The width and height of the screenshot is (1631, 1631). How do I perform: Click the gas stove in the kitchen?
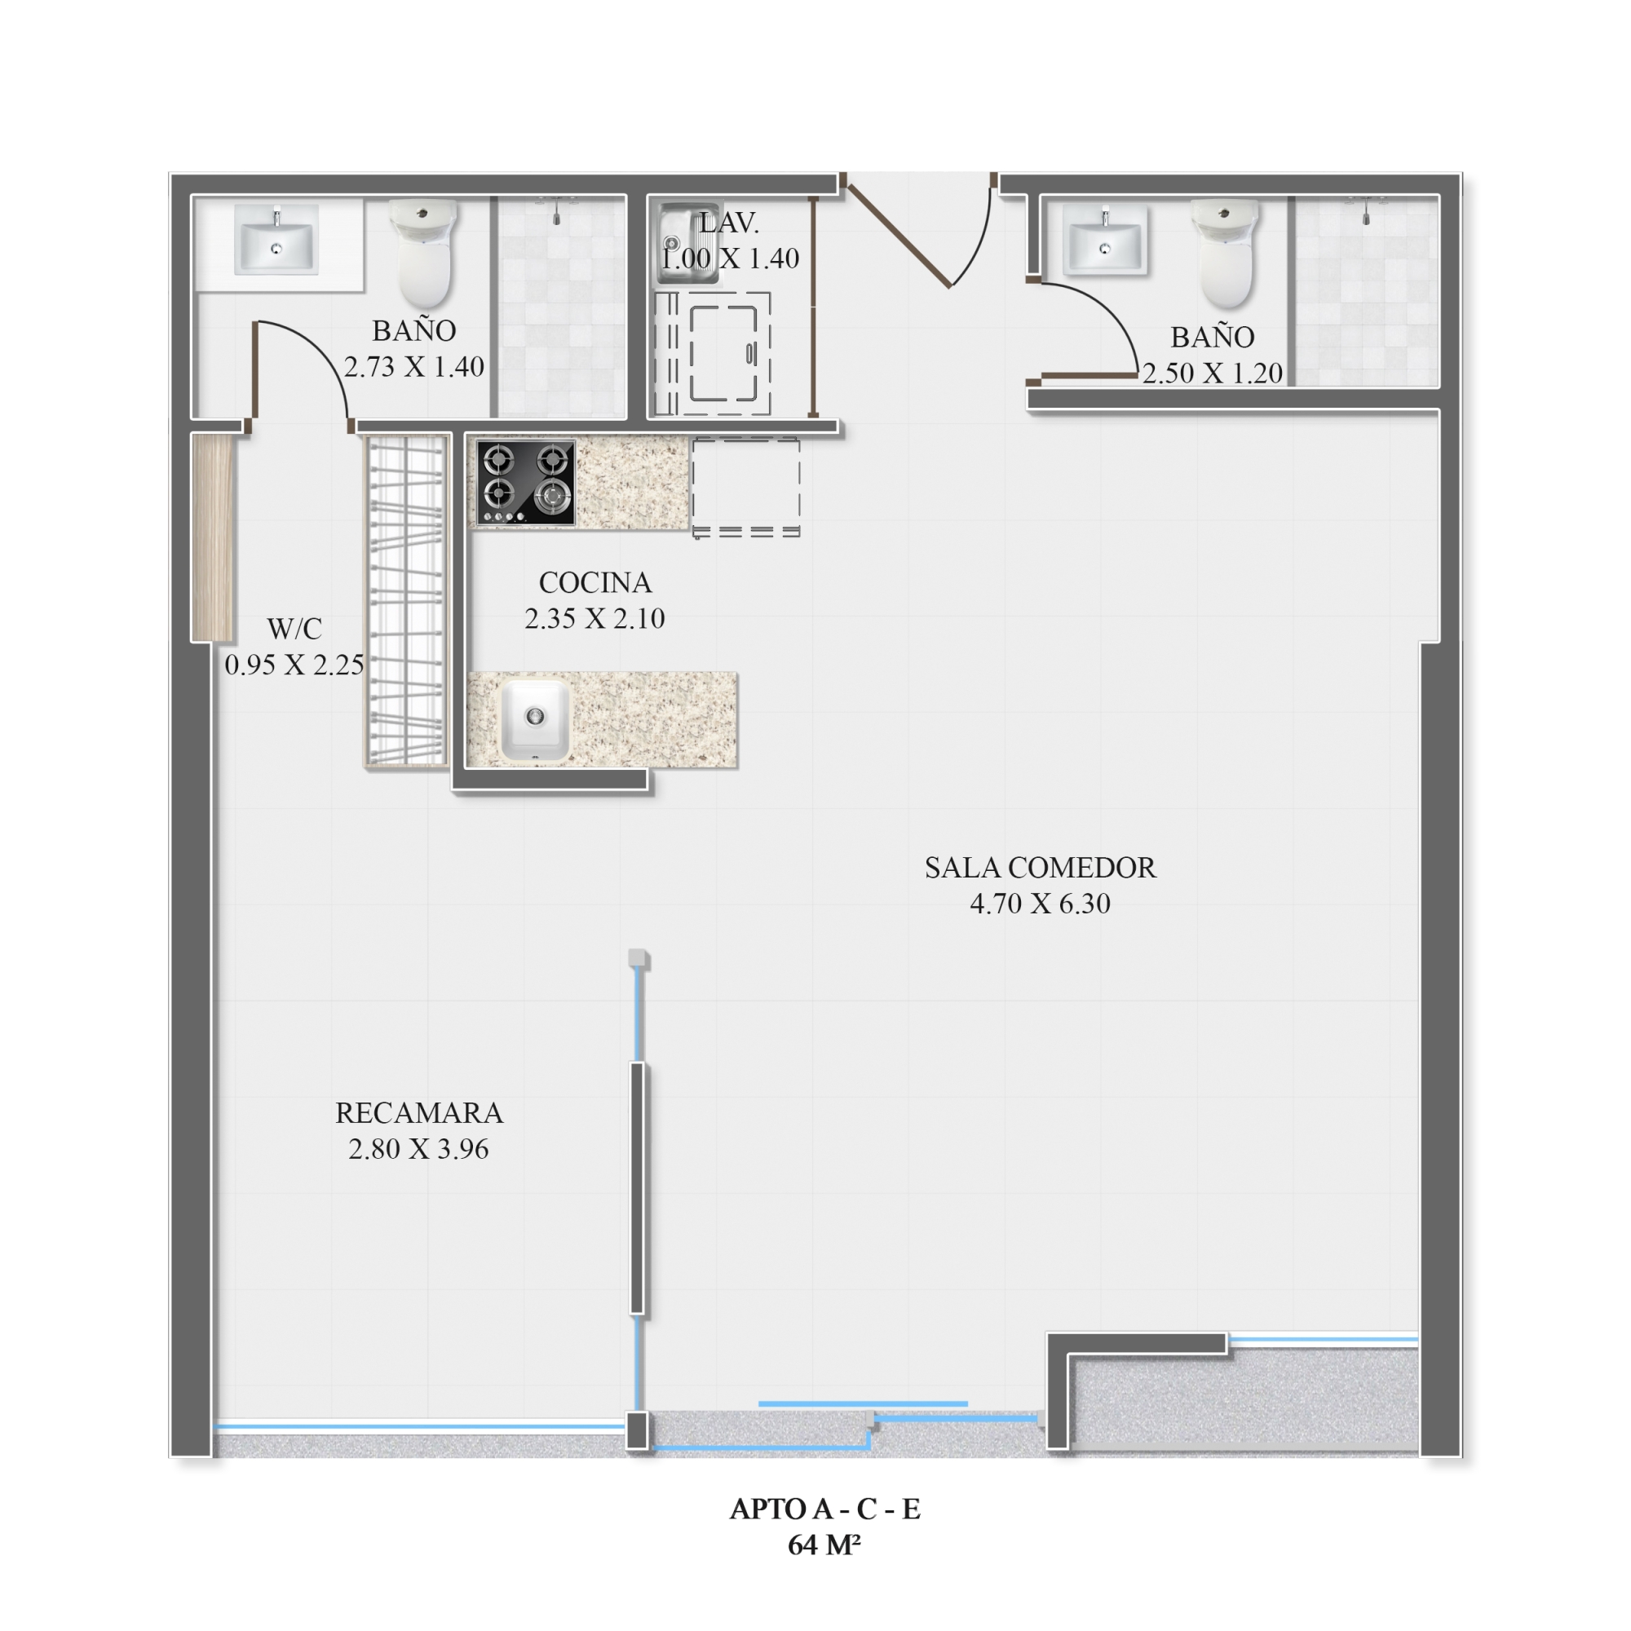point(525,483)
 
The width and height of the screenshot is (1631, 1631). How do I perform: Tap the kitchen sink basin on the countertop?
point(535,719)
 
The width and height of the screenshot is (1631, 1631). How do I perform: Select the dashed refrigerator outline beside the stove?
point(746,487)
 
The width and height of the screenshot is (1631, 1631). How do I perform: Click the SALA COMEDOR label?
point(1040,868)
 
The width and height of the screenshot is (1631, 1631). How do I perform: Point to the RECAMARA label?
point(418,1112)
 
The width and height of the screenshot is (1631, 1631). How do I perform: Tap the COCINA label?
point(595,582)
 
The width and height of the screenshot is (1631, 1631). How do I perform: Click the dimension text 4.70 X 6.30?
point(1040,904)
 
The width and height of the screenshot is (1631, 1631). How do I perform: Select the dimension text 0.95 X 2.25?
point(294,665)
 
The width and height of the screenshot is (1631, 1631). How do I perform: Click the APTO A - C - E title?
point(824,1509)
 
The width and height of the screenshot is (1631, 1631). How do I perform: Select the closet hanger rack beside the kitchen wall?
point(406,601)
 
